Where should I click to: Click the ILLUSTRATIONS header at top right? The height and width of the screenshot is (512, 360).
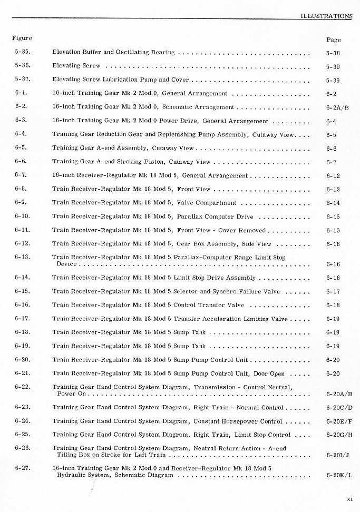[x=326, y=16]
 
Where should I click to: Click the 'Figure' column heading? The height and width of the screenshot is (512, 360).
[x=22, y=38]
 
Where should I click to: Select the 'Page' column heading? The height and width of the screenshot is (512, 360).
[x=333, y=40]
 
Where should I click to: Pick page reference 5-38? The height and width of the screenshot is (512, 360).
[x=333, y=53]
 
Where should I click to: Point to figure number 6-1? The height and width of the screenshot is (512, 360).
[x=22, y=93]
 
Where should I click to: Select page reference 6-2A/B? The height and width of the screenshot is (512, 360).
[x=337, y=107]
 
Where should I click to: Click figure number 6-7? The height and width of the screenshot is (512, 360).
[x=22, y=175]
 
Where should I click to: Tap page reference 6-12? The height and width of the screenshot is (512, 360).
[x=333, y=176]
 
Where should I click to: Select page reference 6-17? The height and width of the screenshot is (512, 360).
[x=333, y=292]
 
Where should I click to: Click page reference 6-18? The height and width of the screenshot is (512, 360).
[x=333, y=306]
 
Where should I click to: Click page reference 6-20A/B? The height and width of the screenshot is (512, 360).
[x=339, y=394]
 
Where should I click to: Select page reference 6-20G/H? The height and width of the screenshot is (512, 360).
[x=339, y=435]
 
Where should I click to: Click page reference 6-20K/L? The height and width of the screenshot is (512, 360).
[x=339, y=476]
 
